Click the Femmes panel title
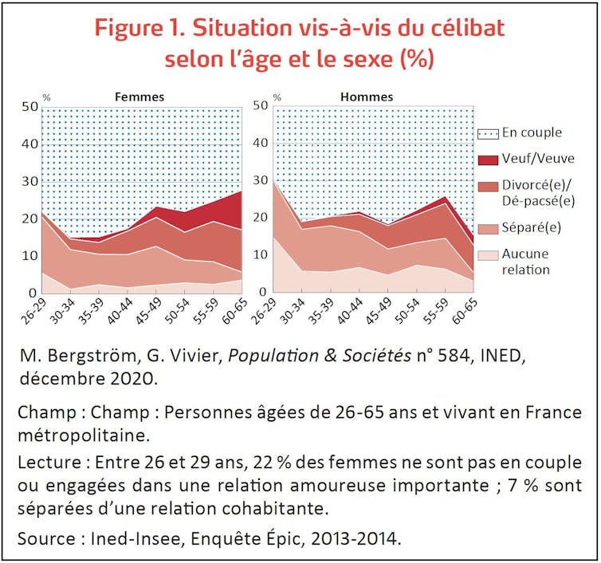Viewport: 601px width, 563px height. [139, 96]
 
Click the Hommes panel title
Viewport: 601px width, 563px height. [367, 96]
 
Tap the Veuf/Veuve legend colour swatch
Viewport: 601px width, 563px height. [489, 159]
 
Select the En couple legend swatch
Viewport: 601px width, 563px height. [489, 133]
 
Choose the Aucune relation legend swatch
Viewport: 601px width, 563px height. [489, 254]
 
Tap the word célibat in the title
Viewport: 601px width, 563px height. [465, 28]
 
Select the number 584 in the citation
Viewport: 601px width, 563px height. [449, 355]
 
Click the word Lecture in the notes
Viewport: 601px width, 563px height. [49, 462]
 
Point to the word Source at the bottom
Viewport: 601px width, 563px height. [47, 537]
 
